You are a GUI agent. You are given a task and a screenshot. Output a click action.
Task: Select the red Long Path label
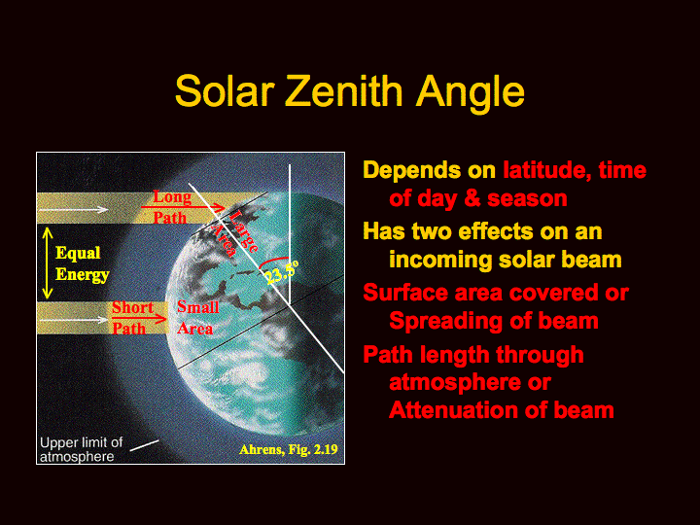coord(172,207)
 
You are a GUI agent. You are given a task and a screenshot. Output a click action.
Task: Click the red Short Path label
coord(131,318)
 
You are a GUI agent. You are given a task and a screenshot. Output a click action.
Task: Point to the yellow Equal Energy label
coord(82,263)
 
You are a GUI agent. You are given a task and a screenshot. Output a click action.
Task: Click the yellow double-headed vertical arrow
coord(48,263)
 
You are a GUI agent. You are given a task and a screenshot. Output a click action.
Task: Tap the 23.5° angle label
coord(281,273)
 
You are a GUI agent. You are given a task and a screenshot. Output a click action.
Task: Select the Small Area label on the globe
coord(197,317)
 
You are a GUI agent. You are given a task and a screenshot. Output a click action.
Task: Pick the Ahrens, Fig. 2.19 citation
coord(289,449)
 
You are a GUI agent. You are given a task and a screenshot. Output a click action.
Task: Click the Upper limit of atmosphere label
coord(82,449)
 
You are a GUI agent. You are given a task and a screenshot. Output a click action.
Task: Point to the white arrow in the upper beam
coord(73,209)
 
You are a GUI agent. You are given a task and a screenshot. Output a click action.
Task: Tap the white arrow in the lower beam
coord(73,320)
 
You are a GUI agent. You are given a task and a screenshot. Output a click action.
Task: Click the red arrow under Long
coord(183,207)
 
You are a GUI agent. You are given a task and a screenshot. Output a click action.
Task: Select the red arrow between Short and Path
coord(139,319)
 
